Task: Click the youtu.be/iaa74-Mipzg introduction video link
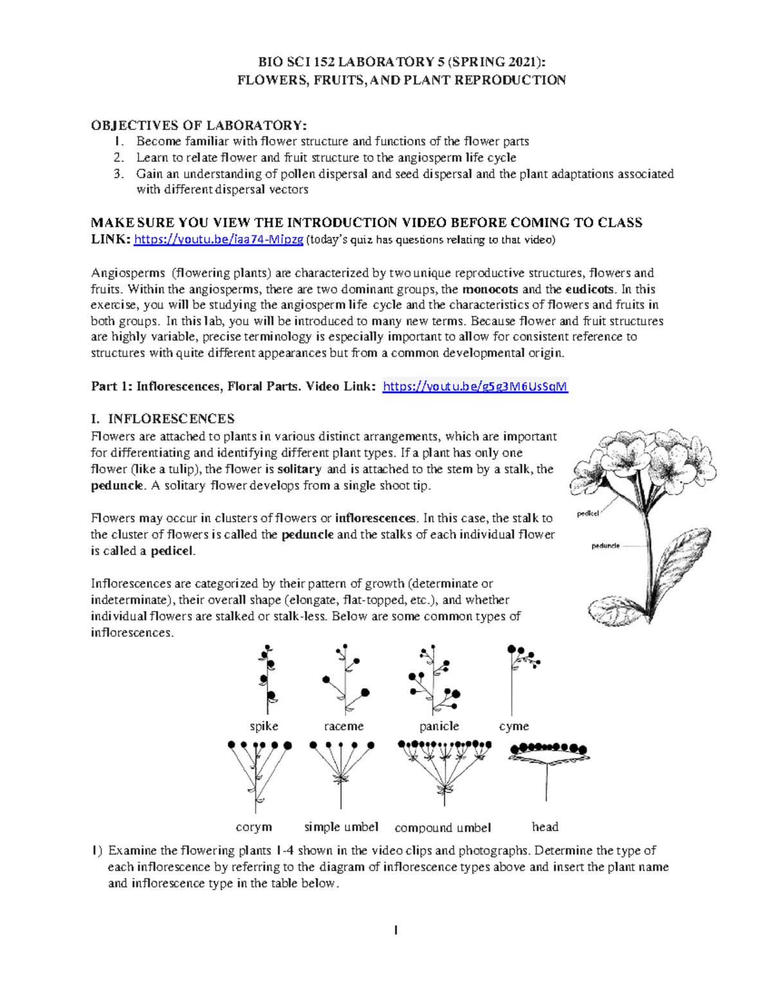click(x=218, y=240)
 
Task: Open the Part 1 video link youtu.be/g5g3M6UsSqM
click(x=475, y=387)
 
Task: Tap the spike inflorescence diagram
click(x=266, y=679)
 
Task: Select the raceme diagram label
click(x=344, y=726)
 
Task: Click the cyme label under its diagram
click(x=513, y=726)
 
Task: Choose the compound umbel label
click(x=443, y=828)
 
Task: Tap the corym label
click(x=253, y=827)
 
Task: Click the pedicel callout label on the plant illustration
click(x=587, y=513)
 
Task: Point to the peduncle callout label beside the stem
click(x=605, y=545)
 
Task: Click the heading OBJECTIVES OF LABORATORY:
click(x=199, y=125)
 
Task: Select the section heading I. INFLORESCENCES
click(x=162, y=419)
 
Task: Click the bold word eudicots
click(x=589, y=289)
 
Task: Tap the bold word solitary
click(x=299, y=469)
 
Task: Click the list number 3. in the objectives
click(x=118, y=174)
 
